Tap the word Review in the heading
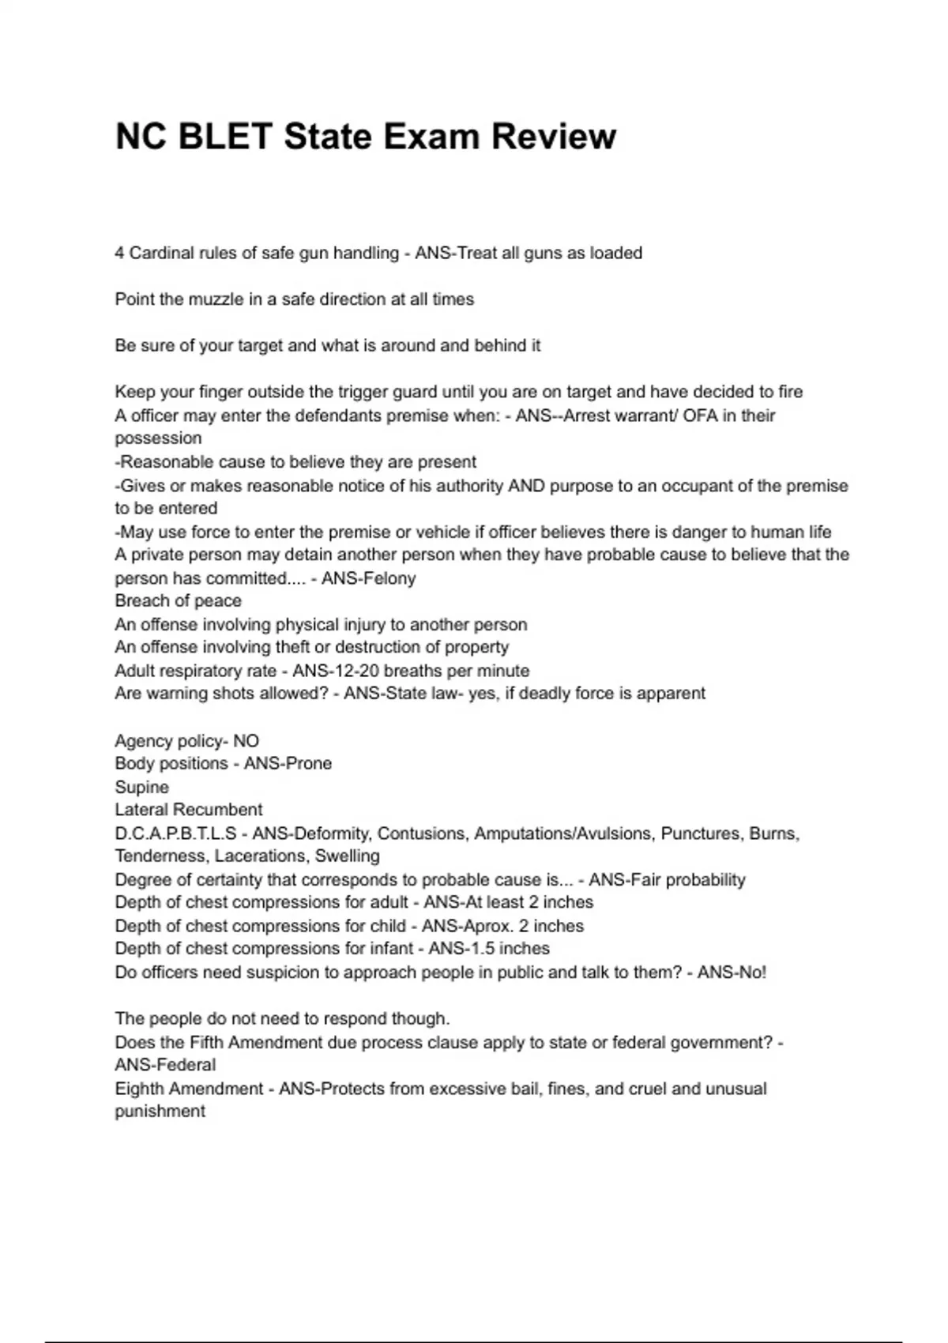click(x=553, y=136)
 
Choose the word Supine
click(x=141, y=787)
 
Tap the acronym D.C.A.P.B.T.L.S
click(x=175, y=833)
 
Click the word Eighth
click(x=138, y=1089)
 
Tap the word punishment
click(x=160, y=1112)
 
